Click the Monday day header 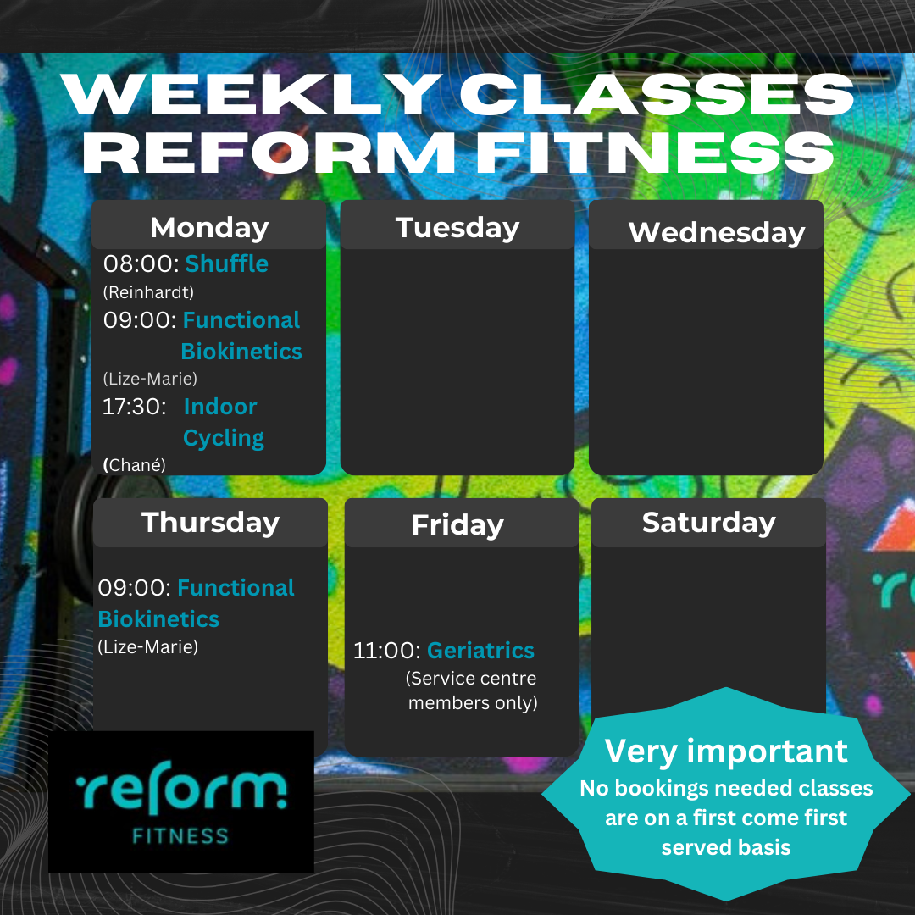[x=209, y=228]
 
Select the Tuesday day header [x=457, y=228]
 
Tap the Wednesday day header [x=717, y=232]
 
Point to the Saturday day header [x=709, y=523]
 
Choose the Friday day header [x=457, y=525]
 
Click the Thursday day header [x=211, y=522]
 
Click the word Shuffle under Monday [x=226, y=263]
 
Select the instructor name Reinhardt [x=148, y=292]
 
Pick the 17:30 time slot [x=134, y=407]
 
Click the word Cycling [x=224, y=438]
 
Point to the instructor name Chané [x=134, y=465]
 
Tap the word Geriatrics [x=481, y=651]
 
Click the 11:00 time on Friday [x=387, y=651]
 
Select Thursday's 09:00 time [x=134, y=588]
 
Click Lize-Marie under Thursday [x=147, y=647]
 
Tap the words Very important [x=726, y=751]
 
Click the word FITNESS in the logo [x=180, y=836]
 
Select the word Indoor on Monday [x=220, y=407]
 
